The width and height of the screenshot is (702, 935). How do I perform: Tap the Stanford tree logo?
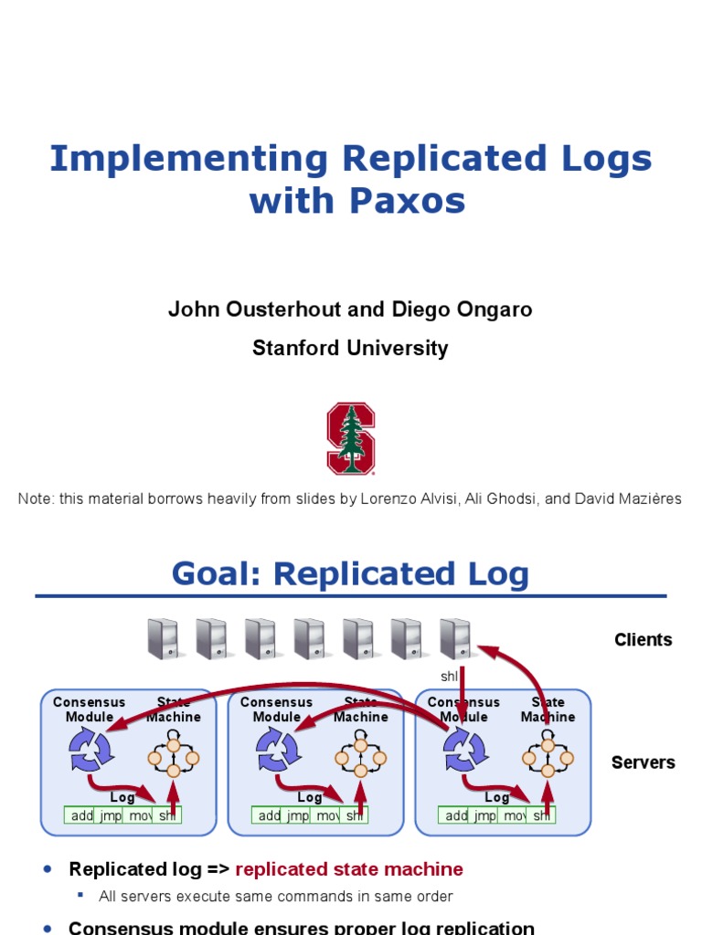pyautogui.click(x=351, y=438)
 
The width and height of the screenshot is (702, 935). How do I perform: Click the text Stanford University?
pyautogui.click(x=350, y=348)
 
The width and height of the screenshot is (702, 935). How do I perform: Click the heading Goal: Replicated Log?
pyautogui.click(x=350, y=574)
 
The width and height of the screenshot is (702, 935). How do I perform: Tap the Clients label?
pyautogui.click(x=643, y=640)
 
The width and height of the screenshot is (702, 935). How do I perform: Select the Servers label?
pyautogui.click(x=643, y=762)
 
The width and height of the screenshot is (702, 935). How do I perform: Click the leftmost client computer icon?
pyautogui.click(x=162, y=638)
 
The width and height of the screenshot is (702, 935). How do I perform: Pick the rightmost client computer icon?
pyautogui.click(x=454, y=638)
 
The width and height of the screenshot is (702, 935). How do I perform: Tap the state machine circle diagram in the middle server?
pyautogui.click(x=360, y=758)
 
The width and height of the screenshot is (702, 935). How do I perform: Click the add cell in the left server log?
pyautogui.click(x=82, y=815)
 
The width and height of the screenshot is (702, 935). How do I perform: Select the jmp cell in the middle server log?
pyautogui.click(x=298, y=815)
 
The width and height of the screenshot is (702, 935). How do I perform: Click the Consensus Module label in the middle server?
pyautogui.click(x=276, y=709)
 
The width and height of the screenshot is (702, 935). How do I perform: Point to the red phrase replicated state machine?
pyautogui.click(x=349, y=869)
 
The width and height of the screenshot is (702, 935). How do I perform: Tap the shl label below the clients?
pyautogui.click(x=450, y=677)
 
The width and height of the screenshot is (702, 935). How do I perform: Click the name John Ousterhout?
pyautogui.click(x=255, y=310)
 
